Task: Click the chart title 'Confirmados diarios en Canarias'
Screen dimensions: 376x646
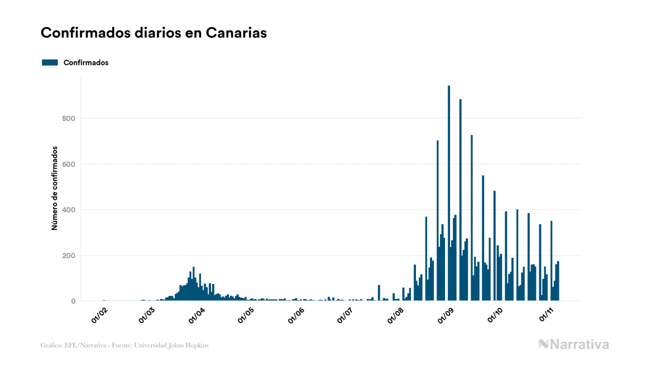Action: tap(154, 33)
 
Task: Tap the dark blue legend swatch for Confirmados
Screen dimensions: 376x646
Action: tap(50, 62)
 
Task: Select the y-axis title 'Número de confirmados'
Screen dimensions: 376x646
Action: tap(55, 188)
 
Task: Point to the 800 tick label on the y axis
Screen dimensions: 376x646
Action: tap(68, 118)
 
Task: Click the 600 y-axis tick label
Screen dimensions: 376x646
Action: tap(68, 164)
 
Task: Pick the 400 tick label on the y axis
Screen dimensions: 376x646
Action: tap(68, 210)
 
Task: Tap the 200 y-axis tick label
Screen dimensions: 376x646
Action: tap(68, 256)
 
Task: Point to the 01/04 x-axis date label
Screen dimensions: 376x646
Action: tap(198, 316)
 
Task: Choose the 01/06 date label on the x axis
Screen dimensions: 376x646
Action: tap(296, 316)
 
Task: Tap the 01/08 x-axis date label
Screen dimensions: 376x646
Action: tap(396, 316)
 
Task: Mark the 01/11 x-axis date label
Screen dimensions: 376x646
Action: tap(546, 316)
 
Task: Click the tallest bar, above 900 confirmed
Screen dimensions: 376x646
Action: tap(449, 193)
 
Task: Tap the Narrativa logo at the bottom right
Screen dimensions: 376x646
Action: tap(573, 344)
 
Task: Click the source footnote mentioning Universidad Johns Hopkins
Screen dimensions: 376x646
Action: tap(125, 345)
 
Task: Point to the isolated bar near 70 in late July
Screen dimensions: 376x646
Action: tap(379, 293)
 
